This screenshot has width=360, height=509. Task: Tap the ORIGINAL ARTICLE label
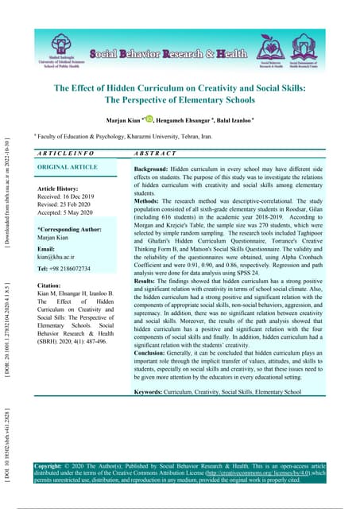click(x=68, y=169)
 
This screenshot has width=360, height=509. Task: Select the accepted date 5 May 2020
click(x=89, y=212)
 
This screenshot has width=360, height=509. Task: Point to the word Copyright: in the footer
click(x=50, y=464)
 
